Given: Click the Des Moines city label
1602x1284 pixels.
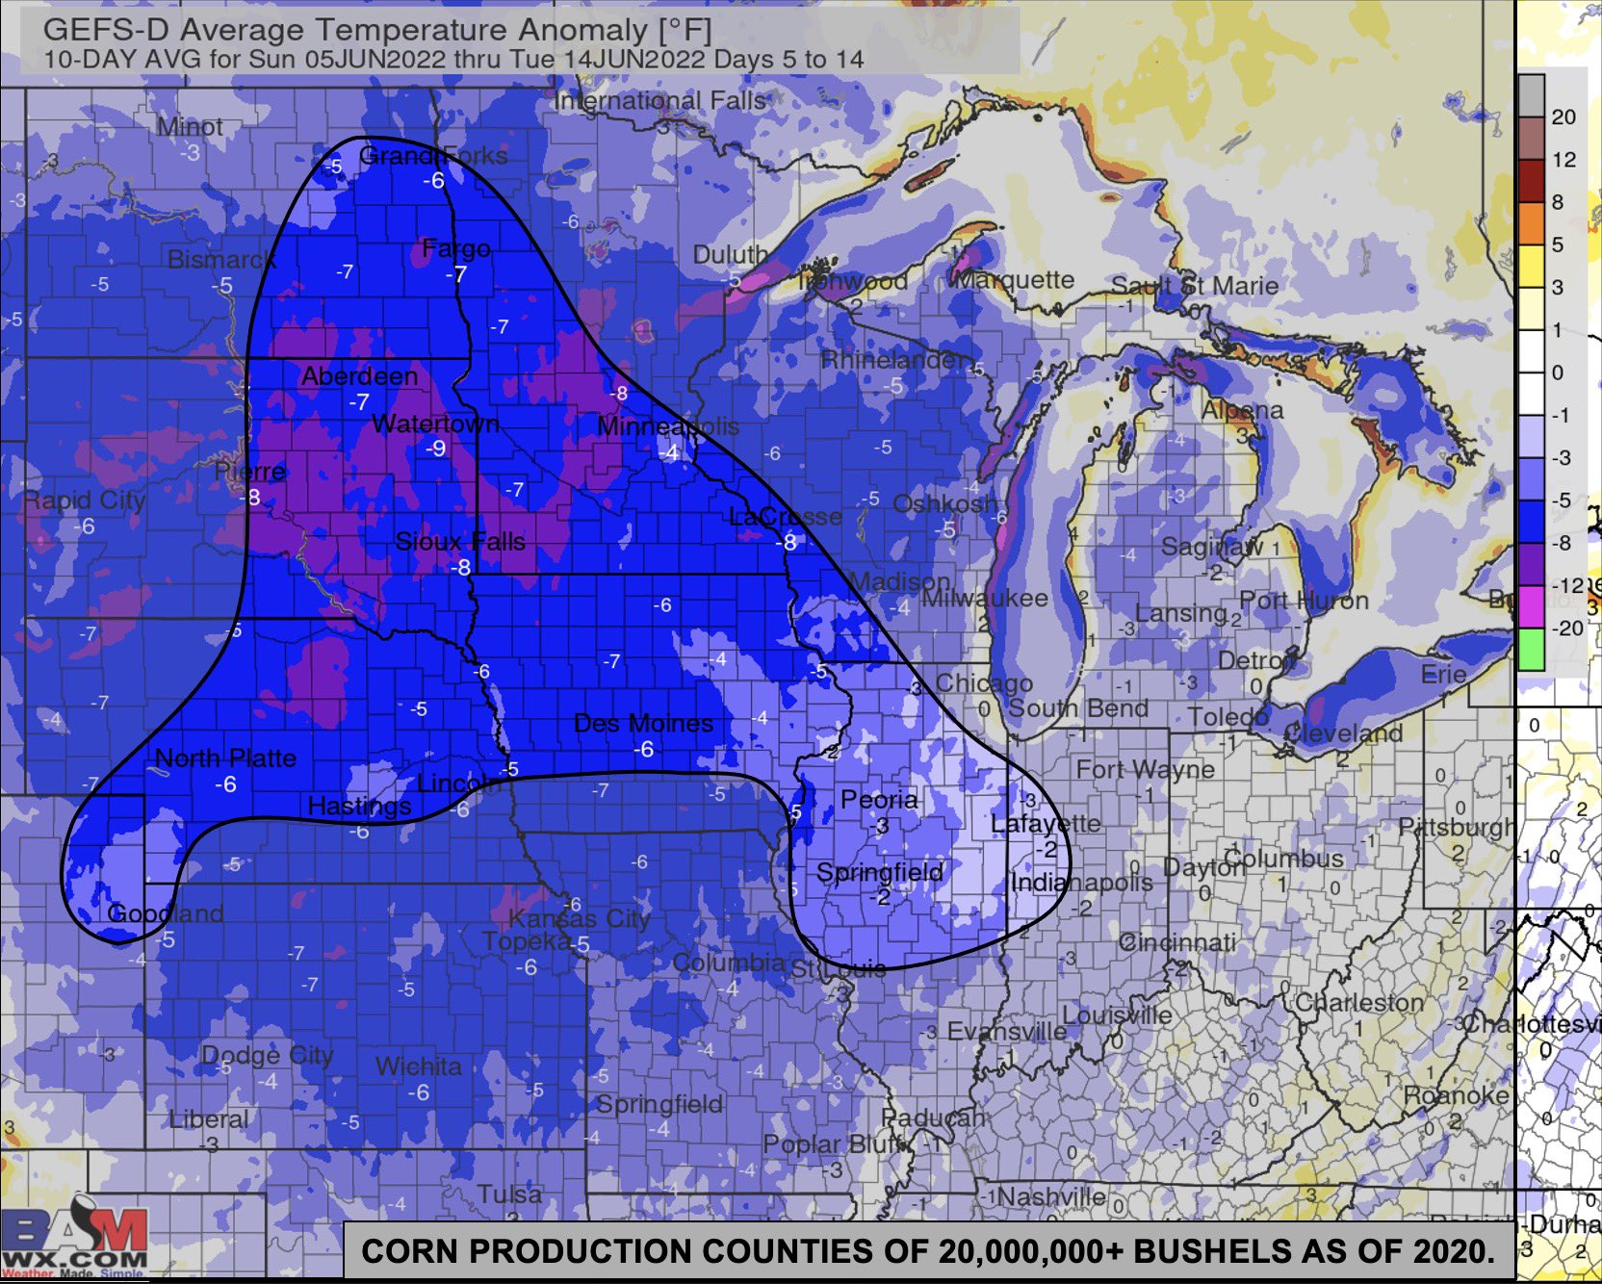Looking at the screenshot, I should coord(643,724).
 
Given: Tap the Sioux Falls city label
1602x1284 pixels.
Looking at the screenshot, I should coord(460,542).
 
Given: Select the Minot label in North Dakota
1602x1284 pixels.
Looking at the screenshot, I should coord(190,127).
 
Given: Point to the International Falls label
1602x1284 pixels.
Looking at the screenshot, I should coord(660,101).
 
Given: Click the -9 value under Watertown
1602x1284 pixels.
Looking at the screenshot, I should coord(436,449).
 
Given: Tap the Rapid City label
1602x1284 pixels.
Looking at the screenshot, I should coord(84,501).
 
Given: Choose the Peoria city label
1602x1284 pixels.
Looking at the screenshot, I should coord(879,800).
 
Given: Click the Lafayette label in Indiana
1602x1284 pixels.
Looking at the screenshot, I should coord(1046,824).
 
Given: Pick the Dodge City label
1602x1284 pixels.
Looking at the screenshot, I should coord(267,1055).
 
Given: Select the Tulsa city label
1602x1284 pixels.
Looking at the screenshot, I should coord(509,1194).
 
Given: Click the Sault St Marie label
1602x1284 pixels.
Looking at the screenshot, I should coord(1194,286).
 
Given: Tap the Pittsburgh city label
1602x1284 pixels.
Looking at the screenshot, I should coord(1455,827).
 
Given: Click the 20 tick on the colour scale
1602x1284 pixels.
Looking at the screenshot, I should coord(1563,117).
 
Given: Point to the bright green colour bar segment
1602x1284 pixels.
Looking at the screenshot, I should coord(1531,650).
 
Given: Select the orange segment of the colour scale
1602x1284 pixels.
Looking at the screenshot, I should coord(1531,223).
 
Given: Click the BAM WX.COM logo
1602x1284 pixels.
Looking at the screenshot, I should coord(73,1242).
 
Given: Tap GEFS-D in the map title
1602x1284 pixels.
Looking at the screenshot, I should coord(106,30).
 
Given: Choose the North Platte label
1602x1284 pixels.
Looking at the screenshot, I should coord(225,758).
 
